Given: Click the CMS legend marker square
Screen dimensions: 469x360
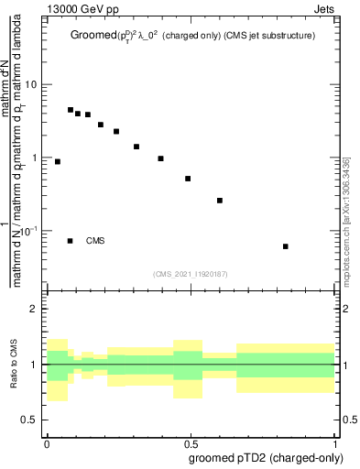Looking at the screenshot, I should pyautogui.click(x=70, y=241).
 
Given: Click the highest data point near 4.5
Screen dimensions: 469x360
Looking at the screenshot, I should pyautogui.click(x=71, y=110).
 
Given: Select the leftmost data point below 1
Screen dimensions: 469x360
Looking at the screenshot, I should pyautogui.click(x=58, y=161).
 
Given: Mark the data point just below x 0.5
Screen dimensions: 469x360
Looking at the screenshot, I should pyautogui.click(x=188, y=179).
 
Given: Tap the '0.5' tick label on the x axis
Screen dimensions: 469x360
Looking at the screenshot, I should pyautogui.click(x=191, y=442).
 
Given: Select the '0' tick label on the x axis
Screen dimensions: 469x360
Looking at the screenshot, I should pyautogui.click(x=47, y=442).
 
